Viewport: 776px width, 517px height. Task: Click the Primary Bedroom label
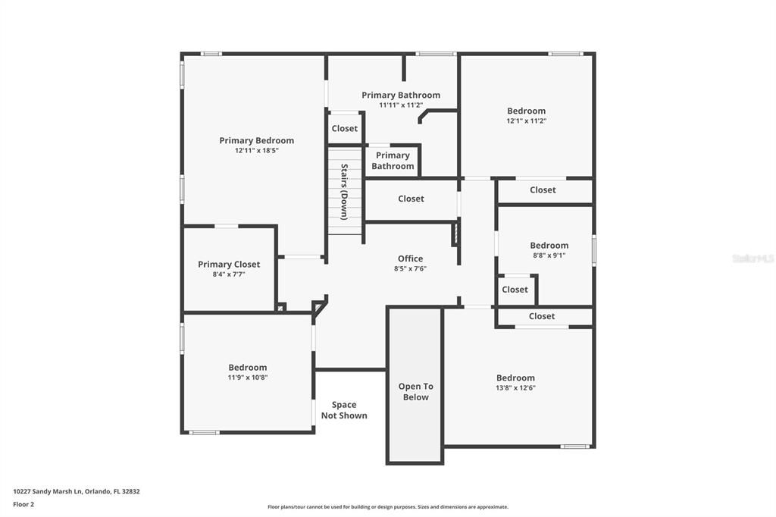256,141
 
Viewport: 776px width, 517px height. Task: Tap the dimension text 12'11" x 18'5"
256,151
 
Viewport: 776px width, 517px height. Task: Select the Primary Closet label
229,265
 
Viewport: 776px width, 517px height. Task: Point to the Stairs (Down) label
345,192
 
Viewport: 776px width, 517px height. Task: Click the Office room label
410,258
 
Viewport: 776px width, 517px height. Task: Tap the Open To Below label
416,392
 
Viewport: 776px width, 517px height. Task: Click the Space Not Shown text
344,410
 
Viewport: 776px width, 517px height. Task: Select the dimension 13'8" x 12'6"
515,388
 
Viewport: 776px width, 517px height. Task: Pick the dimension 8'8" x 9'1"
549,255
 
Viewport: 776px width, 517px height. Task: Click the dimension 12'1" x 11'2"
526,121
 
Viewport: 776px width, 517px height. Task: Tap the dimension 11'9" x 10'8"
248,378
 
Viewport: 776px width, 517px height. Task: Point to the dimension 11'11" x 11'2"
401,105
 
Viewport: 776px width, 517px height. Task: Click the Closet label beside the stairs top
345,129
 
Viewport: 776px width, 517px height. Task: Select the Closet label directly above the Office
411,199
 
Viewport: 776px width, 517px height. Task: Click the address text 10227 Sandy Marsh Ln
47,492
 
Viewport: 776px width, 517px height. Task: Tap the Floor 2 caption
23,505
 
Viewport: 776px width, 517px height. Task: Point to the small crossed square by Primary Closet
280,308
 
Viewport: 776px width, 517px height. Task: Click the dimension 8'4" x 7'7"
229,274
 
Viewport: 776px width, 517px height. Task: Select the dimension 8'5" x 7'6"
410,269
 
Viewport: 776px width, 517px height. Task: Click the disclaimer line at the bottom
388,507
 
